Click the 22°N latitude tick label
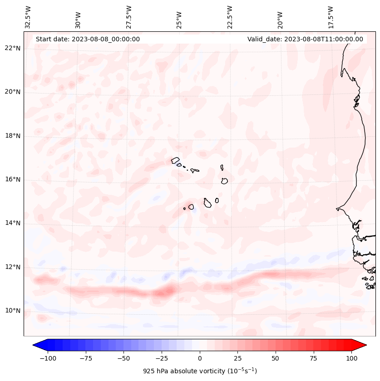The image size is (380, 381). tap(13, 48)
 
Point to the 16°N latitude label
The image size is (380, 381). tap(13, 179)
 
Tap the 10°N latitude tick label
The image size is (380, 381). tap(13, 311)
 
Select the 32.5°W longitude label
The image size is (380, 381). tap(28, 17)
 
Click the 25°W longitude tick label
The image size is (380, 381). tap(179, 20)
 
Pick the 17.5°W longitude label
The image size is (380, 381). tap(331, 17)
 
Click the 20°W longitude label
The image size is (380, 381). tap(280, 20)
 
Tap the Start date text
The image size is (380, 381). tap(88, 39)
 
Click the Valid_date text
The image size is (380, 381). tap(305, 39)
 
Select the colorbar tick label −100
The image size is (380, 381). tap(48, 358)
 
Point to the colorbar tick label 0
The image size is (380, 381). tap(200, 358)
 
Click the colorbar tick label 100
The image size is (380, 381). tap(351, 358)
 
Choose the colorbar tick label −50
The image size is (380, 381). tap(123, 358)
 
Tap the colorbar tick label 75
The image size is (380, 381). tap(314, 358)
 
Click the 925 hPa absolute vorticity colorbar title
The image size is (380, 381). tap(200, 371)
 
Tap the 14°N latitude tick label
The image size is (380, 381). tap(13, 223)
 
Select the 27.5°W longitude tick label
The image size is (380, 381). tap(129, 17)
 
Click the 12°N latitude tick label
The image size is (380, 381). tap(13, 267)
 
